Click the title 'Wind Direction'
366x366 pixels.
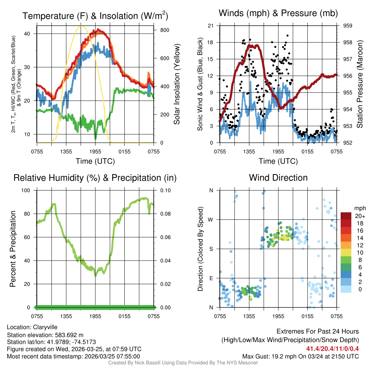pyautogui.click(x=278, y=178)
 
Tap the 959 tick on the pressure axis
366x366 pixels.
pyautogui.click(x=348, y=26)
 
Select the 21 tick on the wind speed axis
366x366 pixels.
pyautogui.click(x=211, y=26)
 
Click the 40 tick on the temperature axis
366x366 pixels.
pyautogui.click(x=30, y=34)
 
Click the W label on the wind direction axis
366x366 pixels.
pyautogui.click(x=211, y=219)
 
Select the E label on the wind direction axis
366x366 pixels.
pyautogui.click(x=211, y=278)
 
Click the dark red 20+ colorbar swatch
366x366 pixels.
pyautogui.click(x=346, y=216)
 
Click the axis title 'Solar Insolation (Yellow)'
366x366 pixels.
pyautogui.click(x=177, y=84)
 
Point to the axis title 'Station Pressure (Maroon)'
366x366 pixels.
pyautogui.click(x=360, y=84)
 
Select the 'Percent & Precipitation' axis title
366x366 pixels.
pyautogui.click(x=13, y=249)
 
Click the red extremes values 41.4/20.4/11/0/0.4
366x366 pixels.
pyautogui.click(x=332, y=348)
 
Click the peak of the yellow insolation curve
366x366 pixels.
pyautogui.click(x=81, y=26)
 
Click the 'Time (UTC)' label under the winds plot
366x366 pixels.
pyautogui.click(x=278, y=161)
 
